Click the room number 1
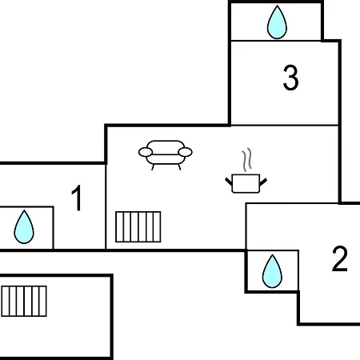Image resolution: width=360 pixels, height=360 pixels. pyautogui.click(x=77, y=198)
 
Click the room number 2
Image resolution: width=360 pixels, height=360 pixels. pyautogui.click(x=340, y=258)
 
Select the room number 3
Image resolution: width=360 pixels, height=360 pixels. pyautogui.click(x=290, y=78)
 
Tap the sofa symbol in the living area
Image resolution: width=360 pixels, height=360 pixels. pyautogui.click(x=166, y=154)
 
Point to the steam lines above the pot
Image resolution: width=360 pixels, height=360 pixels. pyautogui.click(x=247, y=159)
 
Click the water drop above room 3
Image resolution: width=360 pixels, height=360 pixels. pyautogui.click(x=277, y=22)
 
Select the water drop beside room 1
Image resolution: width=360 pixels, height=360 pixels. pyautogui.click(x=24, y=227)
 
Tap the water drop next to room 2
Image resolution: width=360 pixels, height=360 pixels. pyautogui.click(x=272, y=271)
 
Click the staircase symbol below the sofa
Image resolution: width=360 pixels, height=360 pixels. pyautogui.click(x=138, y=226)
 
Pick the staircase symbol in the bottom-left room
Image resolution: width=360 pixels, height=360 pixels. pyautogui.click(x=24, y=301)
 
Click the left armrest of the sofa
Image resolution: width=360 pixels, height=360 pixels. pyautogui.click(x=146, y=152)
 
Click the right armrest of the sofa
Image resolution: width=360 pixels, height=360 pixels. pyautogui.click(x=185, y=152)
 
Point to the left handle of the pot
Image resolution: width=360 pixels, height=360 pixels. pyautogui.click(x=229, y=182)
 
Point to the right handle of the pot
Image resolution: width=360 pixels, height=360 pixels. pyautogui.click(x=263, y=182)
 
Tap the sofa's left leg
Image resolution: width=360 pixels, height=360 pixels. pyautogui.click(x=153, y=167)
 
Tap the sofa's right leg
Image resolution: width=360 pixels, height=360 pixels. pyautogui.click(x=179, y=167)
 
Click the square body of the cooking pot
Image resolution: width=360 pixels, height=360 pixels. pyautogui.click(x=246, y=183)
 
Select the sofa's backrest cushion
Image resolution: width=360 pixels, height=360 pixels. pyautogui.click(x=166, y=147)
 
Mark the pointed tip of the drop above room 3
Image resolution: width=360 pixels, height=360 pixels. pyautogui.click(x=277, y=6)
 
